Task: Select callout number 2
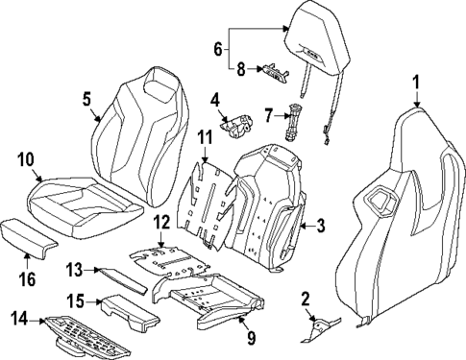306,299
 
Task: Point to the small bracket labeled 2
321,330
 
